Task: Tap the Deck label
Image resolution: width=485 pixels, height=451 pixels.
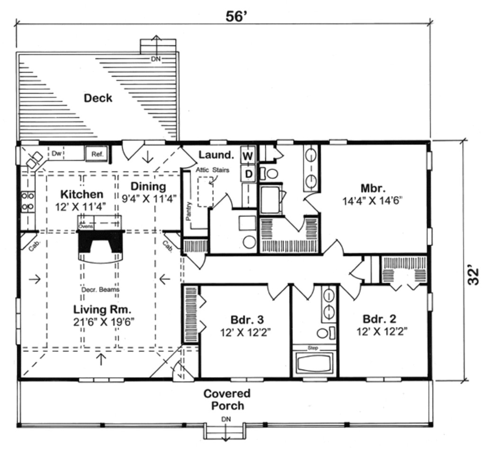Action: [98, 98]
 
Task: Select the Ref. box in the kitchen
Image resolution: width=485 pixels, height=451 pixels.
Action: [97, 154]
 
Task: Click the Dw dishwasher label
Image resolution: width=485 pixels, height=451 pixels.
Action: [56, 153]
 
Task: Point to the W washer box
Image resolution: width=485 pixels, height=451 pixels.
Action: [248, 155]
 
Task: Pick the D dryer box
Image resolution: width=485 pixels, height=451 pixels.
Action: [248, 174]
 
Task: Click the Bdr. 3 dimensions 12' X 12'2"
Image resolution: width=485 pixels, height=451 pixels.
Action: [245, 333]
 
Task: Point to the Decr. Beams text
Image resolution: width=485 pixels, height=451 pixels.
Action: [100, 289]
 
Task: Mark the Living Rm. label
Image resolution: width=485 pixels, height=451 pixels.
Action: [102, 309]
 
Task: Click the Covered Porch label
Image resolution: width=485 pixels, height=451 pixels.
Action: [227, 399]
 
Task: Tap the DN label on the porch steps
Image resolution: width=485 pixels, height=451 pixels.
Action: [225, 420]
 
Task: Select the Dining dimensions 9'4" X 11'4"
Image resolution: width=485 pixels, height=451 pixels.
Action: [148, 198]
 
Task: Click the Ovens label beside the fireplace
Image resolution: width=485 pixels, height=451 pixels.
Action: [85, 226]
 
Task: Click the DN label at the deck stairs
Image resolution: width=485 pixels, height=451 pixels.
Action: [155, 59]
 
